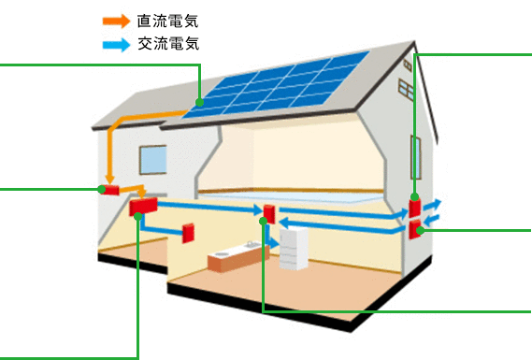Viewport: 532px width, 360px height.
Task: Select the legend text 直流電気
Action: point(167,20)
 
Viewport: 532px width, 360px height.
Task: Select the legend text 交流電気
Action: point(167,43)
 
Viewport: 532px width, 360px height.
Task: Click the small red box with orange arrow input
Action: point(111,190)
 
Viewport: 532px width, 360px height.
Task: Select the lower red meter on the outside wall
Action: point(414,227)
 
